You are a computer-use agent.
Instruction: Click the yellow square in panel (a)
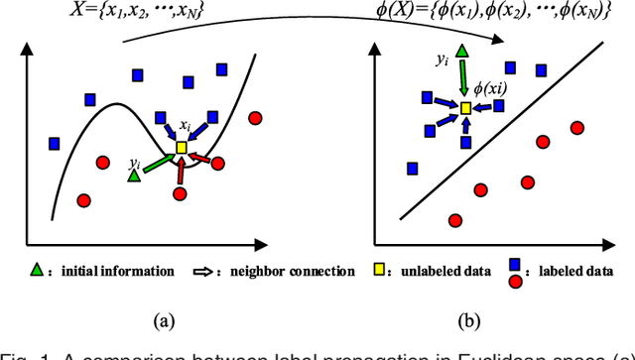181,148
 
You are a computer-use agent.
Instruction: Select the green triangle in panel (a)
134,176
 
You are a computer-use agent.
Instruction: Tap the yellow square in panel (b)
465,107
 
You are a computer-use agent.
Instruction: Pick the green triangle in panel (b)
462,52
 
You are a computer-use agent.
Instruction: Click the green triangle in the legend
37,270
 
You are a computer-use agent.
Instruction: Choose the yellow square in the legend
379,270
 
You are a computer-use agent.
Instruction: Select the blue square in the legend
515,264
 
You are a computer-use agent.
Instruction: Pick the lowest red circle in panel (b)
455,221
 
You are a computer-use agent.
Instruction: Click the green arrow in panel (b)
463,78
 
